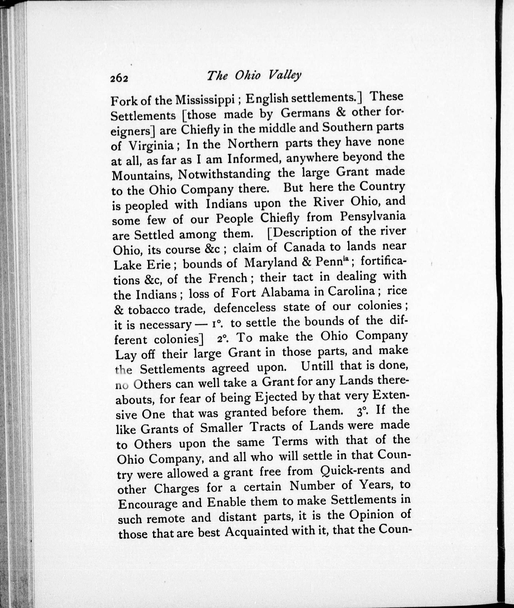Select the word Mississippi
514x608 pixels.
pos(205,100)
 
